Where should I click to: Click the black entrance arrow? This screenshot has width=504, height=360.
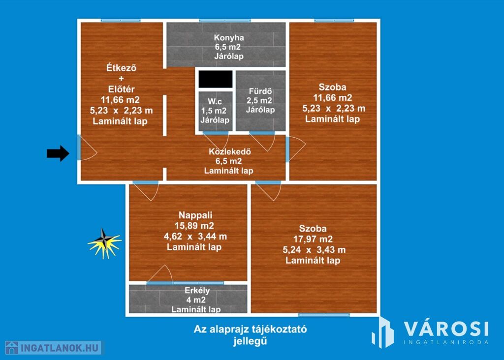(58, 153)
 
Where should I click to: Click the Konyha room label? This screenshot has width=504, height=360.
(229, 37)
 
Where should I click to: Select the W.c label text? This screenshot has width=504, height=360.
(215, 101)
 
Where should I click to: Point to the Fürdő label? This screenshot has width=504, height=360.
(260, 91)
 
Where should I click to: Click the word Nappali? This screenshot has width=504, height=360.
(195, 215)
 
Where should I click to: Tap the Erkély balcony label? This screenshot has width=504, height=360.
(197, 291)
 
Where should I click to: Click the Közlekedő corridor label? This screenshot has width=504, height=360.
(229, 151)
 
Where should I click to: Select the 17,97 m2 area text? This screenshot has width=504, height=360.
(313, 239)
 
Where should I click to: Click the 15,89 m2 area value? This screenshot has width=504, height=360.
(194, 226)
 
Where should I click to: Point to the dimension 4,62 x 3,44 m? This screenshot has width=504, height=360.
(195, 237)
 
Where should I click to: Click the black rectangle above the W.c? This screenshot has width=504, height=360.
(216, 79)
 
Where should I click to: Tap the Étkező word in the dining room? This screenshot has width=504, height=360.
(121, 68)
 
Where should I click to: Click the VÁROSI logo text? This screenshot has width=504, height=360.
(446, 329)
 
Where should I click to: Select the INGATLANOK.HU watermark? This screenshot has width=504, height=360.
(53, 348)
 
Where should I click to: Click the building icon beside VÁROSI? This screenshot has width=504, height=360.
(382, 332)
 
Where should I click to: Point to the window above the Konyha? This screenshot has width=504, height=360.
(224, 21)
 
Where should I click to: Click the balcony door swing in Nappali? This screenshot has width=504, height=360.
(160, 274)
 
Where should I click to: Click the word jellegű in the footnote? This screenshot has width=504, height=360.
(250, 341)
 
